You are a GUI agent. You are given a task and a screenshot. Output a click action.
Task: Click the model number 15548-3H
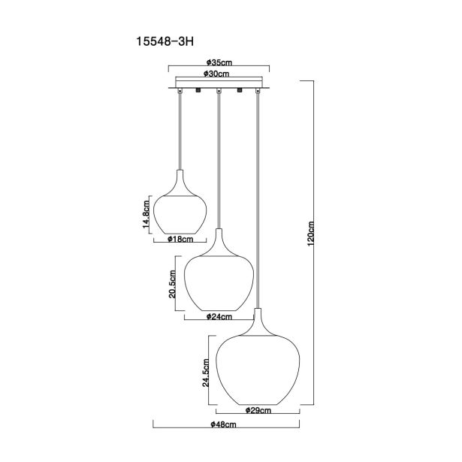pyautogui.click(x=165, y=41)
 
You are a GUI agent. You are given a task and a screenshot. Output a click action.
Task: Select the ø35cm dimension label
pyautogui.click(x=219, y=62)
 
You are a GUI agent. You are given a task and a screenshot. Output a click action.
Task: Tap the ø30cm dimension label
pyautogui.click(x=216, y=74)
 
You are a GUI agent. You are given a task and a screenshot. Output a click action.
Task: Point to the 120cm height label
pyautogui.click(x=311, y=234)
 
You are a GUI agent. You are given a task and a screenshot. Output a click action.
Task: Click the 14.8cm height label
pyautogui.click(x=146, y=214)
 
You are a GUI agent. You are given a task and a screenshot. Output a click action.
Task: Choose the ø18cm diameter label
pyautogui.click(x=180, y=239)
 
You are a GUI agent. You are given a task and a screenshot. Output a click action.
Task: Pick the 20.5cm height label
pyautogui.click(x=173, y=284)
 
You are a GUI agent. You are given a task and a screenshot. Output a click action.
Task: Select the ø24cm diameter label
pyautogui.click(x=219, y=317)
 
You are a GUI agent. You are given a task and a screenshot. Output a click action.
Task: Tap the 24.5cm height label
pyautogui.click(x=206, y=373)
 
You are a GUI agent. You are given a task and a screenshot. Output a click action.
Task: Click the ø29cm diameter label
pyautogui.click(x=258, y=410)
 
